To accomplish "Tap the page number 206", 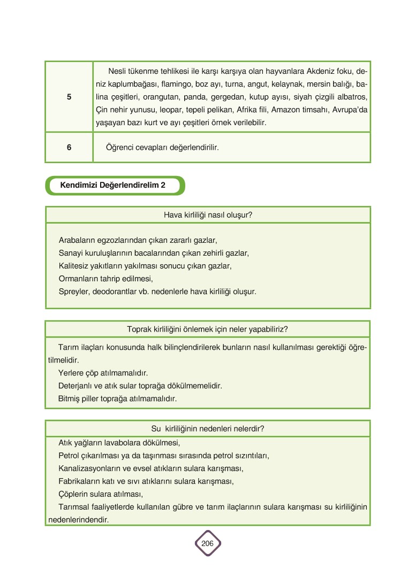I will click(x=207, y=543).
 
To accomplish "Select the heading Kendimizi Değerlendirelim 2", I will click(x=112, y=185).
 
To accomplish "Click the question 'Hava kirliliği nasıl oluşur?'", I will click(x=208, y=215).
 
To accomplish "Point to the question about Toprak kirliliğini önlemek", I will click(x=208, y=329).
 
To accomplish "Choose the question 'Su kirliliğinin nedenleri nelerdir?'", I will click(x=208, y=429).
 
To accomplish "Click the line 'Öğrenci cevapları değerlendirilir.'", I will click(x=159, y=147).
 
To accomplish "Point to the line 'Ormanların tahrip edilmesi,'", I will click(x=105, y=279).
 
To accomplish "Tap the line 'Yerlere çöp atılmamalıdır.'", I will click(x=103, y=372).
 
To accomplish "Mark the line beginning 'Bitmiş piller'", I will click(x=117, y=398).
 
